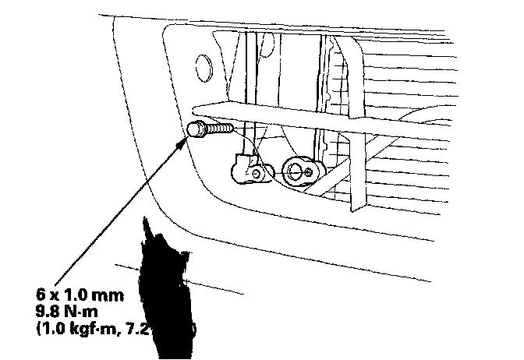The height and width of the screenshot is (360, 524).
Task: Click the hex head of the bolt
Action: (197, 129)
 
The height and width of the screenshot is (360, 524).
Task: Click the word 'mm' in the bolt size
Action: (110, 296)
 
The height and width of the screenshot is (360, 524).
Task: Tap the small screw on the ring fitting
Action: (310, 170)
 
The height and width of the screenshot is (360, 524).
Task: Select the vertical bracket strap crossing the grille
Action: (356, 125)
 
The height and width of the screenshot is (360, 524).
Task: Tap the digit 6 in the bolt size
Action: (41, 296)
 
